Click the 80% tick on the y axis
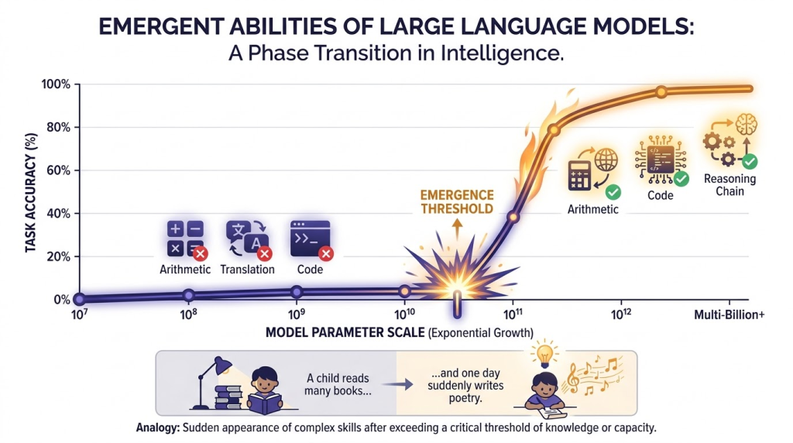[77, 128]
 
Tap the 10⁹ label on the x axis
[297, 314]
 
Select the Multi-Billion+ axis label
[729, 315]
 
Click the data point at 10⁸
[189, 295]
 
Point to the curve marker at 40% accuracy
[513, 217]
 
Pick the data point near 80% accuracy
[554, 130]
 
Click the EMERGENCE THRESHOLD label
[457, 202]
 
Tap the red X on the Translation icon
[264, 253]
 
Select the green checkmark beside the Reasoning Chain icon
[750, 162]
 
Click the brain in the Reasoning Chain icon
[746, 124]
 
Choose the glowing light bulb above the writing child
[544, 354]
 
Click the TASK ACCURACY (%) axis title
[31, 193]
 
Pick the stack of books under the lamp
[228, 397]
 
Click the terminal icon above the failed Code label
[310, 239]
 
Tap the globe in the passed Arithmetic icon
[606, 160]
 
